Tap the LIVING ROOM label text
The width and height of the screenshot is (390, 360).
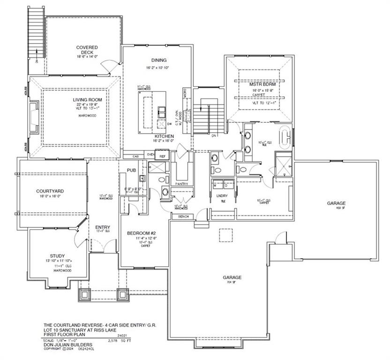87,100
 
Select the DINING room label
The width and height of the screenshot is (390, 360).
159,60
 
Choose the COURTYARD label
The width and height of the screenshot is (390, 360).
50,191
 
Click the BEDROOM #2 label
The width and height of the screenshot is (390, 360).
141,233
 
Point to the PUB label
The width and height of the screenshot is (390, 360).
130,170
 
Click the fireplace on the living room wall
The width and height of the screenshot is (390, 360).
33,113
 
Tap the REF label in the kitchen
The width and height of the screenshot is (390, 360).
163,156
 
